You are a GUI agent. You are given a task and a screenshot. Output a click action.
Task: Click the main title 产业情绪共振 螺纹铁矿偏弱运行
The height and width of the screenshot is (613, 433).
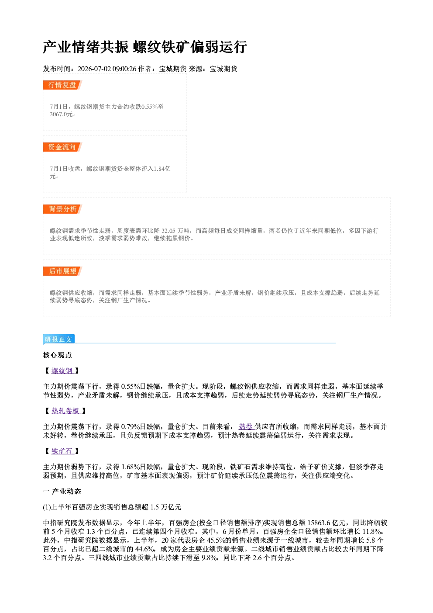(145, 47)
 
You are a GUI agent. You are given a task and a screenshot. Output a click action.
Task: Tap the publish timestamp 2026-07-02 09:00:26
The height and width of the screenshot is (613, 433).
(107, 69)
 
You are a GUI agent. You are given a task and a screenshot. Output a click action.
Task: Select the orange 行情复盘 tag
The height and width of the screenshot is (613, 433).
(62, 85)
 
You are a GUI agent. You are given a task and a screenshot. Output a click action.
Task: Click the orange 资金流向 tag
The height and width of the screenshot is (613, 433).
(62, 147)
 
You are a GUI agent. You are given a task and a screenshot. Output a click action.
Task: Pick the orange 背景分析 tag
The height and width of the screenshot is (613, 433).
(62, 209)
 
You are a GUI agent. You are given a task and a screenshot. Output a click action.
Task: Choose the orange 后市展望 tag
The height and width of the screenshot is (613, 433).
(62, 271)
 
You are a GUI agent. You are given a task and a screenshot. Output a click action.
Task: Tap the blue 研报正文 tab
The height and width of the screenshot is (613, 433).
(58, 339)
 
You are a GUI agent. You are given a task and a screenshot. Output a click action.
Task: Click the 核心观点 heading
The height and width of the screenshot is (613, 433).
(58, 355)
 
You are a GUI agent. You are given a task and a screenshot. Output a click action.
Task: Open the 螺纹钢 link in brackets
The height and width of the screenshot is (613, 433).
(62, 371)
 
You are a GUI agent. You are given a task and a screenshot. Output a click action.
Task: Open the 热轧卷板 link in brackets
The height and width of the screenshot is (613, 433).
(66, 411)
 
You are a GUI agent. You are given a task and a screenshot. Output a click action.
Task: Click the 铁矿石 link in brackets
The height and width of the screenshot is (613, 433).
(62, 451)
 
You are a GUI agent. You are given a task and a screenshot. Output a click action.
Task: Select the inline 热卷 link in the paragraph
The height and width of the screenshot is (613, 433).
(246, 426)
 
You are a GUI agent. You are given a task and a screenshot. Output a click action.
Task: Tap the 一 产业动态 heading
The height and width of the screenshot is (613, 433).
(62, 492)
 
